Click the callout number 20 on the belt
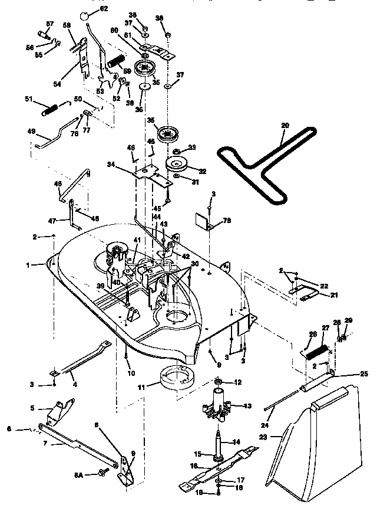pos(285,126)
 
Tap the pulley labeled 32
pos(177,164)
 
